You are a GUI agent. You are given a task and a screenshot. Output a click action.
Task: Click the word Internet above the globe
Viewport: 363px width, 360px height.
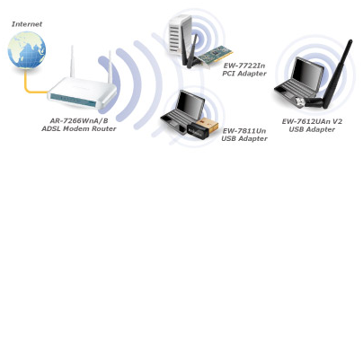click(27, 24)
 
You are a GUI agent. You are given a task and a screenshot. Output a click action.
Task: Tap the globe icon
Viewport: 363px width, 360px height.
click(27, 50)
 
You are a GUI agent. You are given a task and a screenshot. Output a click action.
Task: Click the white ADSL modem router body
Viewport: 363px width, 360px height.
click(82, 93)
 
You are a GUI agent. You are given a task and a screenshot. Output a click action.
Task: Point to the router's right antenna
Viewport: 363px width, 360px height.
click(110, 67)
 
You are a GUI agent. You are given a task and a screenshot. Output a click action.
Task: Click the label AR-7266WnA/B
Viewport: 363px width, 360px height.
click(79, 121)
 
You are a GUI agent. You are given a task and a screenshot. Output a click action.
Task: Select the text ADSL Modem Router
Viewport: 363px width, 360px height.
click(79, 128)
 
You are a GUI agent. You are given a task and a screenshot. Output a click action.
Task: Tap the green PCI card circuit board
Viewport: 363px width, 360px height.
click(215, 55)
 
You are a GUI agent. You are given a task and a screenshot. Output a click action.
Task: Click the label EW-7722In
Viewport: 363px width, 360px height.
click(244, 66)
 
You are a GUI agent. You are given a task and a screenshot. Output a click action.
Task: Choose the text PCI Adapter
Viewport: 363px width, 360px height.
click(244, 74)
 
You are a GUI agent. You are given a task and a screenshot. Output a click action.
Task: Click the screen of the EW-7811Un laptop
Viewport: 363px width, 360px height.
click(190, 105)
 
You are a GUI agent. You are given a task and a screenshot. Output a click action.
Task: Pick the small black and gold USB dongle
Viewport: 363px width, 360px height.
click(203, 128)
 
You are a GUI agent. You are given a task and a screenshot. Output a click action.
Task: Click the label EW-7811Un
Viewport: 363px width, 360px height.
click(244, 131)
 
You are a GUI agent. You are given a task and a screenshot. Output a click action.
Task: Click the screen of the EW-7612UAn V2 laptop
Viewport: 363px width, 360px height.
click(307, 74)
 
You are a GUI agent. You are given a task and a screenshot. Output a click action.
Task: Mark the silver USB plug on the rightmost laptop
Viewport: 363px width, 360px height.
click(300, 101)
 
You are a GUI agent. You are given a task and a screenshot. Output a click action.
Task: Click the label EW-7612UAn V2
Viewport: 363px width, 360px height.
click(312, 121)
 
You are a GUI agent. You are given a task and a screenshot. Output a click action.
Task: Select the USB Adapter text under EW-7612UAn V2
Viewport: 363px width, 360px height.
click(312, 129)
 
